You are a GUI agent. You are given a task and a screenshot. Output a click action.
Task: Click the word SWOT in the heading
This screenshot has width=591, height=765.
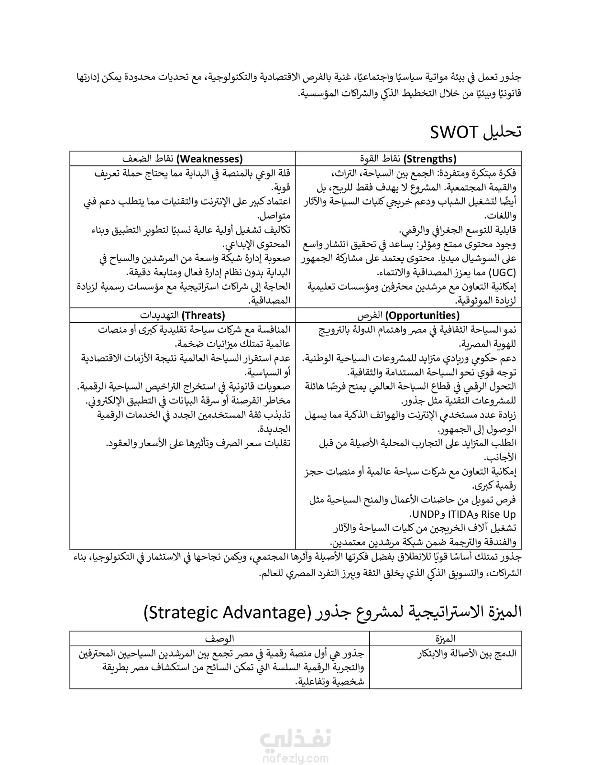[x=454, y=132]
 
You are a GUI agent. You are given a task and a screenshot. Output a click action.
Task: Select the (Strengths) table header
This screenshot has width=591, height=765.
[x=430, y=159]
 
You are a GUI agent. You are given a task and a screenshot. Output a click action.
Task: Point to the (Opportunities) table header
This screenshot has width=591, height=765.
[x=422, y=316]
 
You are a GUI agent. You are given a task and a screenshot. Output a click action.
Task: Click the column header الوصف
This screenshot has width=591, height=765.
[x=219, y=638]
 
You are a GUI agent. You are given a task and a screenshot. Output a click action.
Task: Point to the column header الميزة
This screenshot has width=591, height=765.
[x=446, y=638]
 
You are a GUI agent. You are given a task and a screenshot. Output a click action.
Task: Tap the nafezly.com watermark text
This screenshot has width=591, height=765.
[x=295, y=758]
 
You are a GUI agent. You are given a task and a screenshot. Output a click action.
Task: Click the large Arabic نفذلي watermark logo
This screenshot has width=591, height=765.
[x=295, y=740]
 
